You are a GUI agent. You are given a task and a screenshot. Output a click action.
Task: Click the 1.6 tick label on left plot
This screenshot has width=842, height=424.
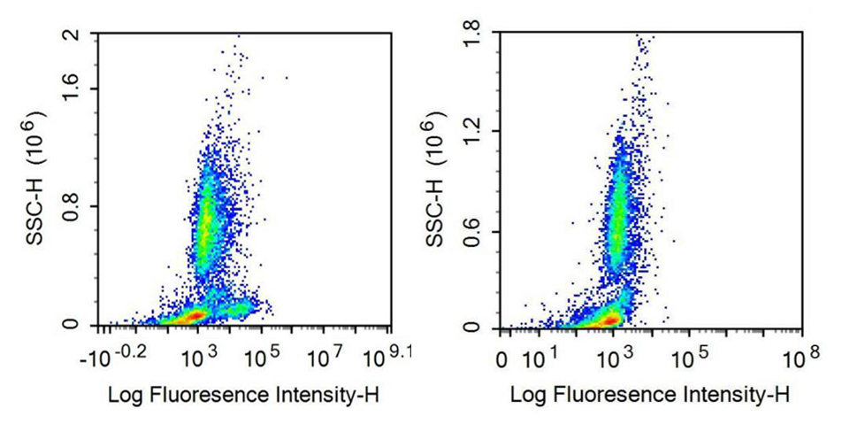[x=73, y=89]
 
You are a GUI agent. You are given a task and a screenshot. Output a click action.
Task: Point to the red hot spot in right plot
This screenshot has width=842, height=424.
[x=609, y=318]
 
